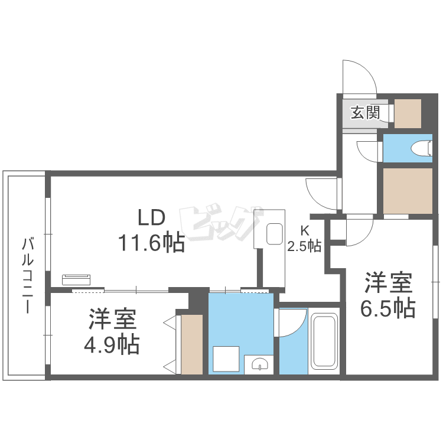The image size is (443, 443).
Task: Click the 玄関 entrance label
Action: [x=364, y=112]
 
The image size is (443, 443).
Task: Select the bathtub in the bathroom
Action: [x=323, y=341]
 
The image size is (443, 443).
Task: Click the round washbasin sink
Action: [x=259, y=363]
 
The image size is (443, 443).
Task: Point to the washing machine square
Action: [x=226, y=358]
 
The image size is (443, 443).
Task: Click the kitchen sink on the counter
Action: [x=275, y=234]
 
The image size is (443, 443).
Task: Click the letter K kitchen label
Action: [x=305, y=231]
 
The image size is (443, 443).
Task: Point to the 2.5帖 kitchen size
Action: [x=305, y=246]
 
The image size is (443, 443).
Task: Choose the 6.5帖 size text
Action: [x=387, y=308]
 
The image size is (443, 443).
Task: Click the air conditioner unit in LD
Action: [x=76, y=279]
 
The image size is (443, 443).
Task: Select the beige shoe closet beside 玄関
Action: [x=407, y=113]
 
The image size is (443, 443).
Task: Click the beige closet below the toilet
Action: [x=407, y=191]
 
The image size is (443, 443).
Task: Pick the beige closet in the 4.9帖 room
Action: [x=192, y=344]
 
